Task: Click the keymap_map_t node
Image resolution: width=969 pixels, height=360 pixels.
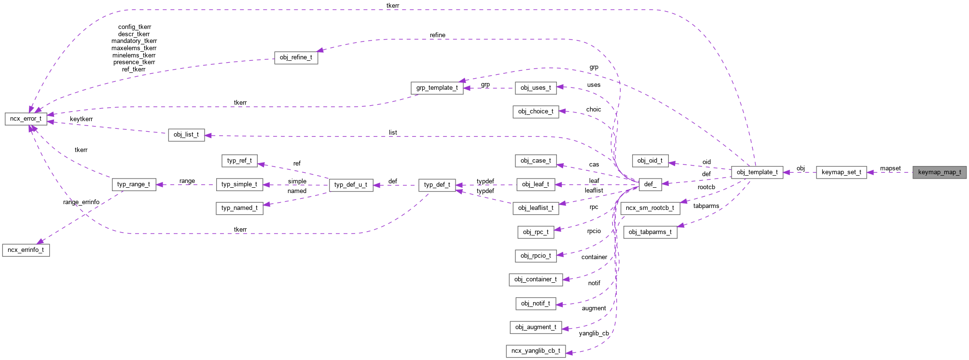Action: tap(939, 172)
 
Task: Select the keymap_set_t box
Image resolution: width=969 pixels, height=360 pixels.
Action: tap(841, 172)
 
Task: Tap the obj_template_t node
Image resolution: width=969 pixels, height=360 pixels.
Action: tap(757, 172)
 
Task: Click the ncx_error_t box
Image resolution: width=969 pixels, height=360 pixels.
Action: tap(26, 119)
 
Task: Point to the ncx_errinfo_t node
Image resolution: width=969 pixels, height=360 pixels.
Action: tap(26, 250)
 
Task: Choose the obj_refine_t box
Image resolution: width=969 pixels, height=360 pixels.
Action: tap(296, 57)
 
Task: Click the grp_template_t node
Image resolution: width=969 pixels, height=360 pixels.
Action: tap(437, 88)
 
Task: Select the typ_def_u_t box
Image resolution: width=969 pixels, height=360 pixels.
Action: tap(351, 185)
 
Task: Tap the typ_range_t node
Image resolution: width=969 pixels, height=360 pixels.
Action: tap(134, 184)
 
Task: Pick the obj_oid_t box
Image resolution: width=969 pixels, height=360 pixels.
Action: tap(650, 161)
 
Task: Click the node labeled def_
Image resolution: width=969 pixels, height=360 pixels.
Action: tap(650, 184)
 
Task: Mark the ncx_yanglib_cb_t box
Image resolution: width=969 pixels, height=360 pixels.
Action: tap(536, 351)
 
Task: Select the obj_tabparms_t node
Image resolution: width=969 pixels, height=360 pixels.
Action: tap(650, 232)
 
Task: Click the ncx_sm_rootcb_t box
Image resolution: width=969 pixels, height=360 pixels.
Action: tap(650, 208)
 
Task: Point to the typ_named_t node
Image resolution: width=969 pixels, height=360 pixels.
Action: tap(239, 208)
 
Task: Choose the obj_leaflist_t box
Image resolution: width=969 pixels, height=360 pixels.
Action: tap(536, 208)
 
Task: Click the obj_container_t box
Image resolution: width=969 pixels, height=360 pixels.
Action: tap(536, 279)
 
